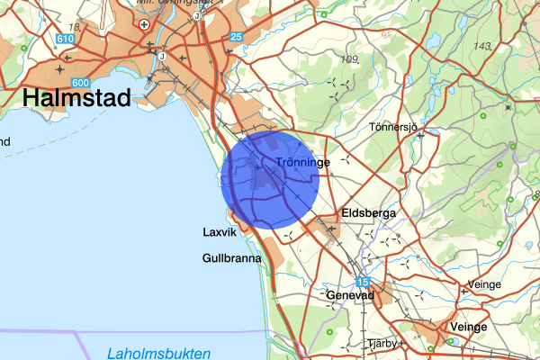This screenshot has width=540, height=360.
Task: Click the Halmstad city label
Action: click(x=76, y=97)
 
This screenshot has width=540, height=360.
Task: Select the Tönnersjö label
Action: click(x=395, y=128)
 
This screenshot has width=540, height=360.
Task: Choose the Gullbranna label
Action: click(x=231, y=258)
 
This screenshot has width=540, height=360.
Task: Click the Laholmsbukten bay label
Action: click(x=158, y=352)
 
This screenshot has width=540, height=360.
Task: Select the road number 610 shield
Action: click(x=64, y=39)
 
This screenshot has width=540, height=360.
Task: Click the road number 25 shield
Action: click(x=236, y=36)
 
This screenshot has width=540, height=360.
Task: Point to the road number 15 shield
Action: click(x=361, y=282)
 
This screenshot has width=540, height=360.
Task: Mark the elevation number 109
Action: click(x=350, y=59)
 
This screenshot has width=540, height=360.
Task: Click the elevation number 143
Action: click(x=483, y=46)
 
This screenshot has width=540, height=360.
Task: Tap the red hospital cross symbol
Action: click(x=144, y=24)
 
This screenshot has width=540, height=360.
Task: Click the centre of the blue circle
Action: click(x=270, y=179)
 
